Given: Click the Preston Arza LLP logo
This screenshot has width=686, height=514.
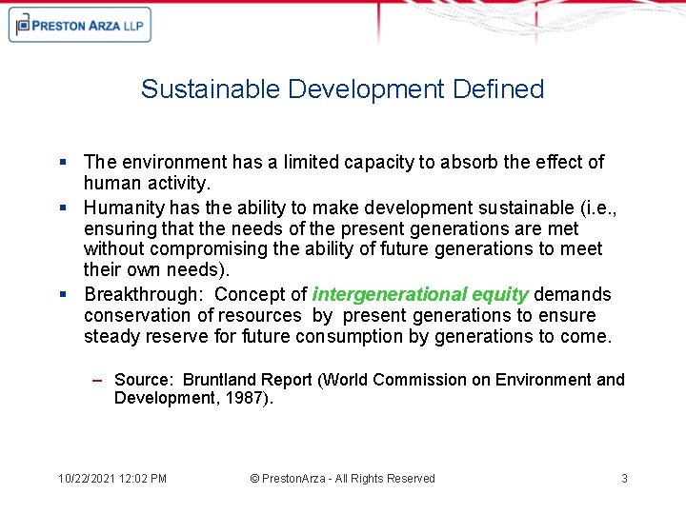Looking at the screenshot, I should tap(80, 26).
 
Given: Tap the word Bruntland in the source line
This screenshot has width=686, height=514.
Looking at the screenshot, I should tap(224, 380).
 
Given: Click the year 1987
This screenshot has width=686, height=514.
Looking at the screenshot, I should tap(250, 398).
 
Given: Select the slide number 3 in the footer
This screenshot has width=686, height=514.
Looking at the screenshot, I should tap(624, 479).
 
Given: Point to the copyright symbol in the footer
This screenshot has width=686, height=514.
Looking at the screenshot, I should tap(254, 479).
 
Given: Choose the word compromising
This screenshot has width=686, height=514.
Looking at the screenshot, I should tap(206, 249).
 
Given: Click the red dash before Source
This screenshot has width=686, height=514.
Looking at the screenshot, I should tap(97, 380).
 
